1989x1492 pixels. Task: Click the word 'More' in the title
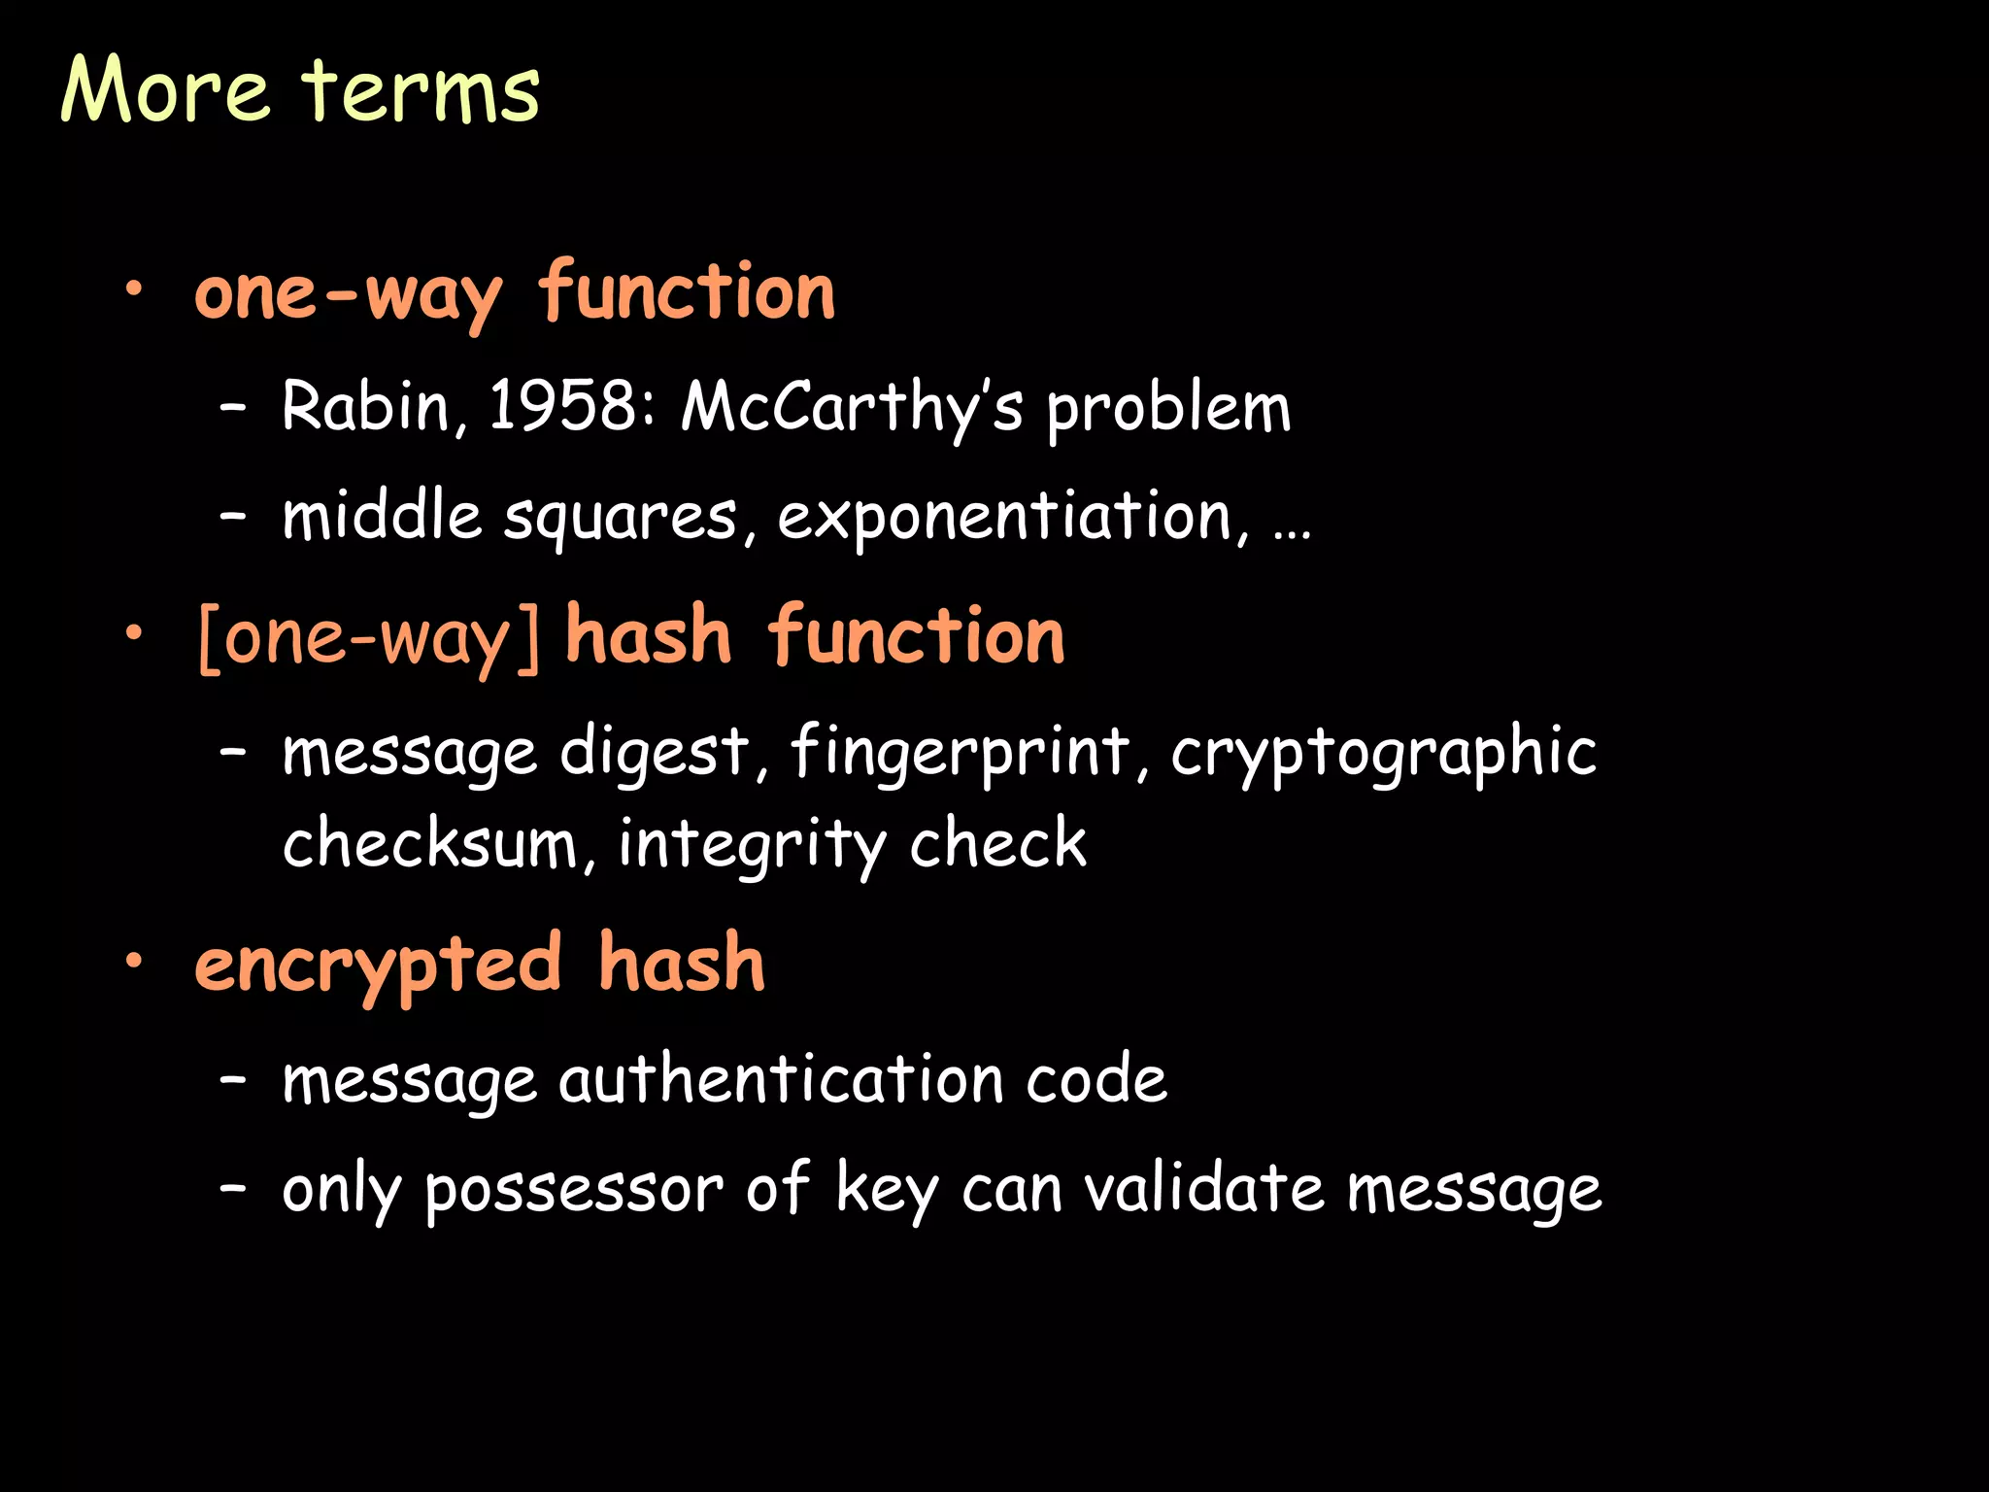pos(165,89)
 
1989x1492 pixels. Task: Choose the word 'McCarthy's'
pos(851,407)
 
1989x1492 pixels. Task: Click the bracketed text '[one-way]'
pos(368,638)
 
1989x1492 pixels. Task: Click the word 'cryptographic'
pos(1384,753)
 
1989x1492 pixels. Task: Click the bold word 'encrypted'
pos(378,965)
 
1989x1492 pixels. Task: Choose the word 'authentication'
pos(781,1079)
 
